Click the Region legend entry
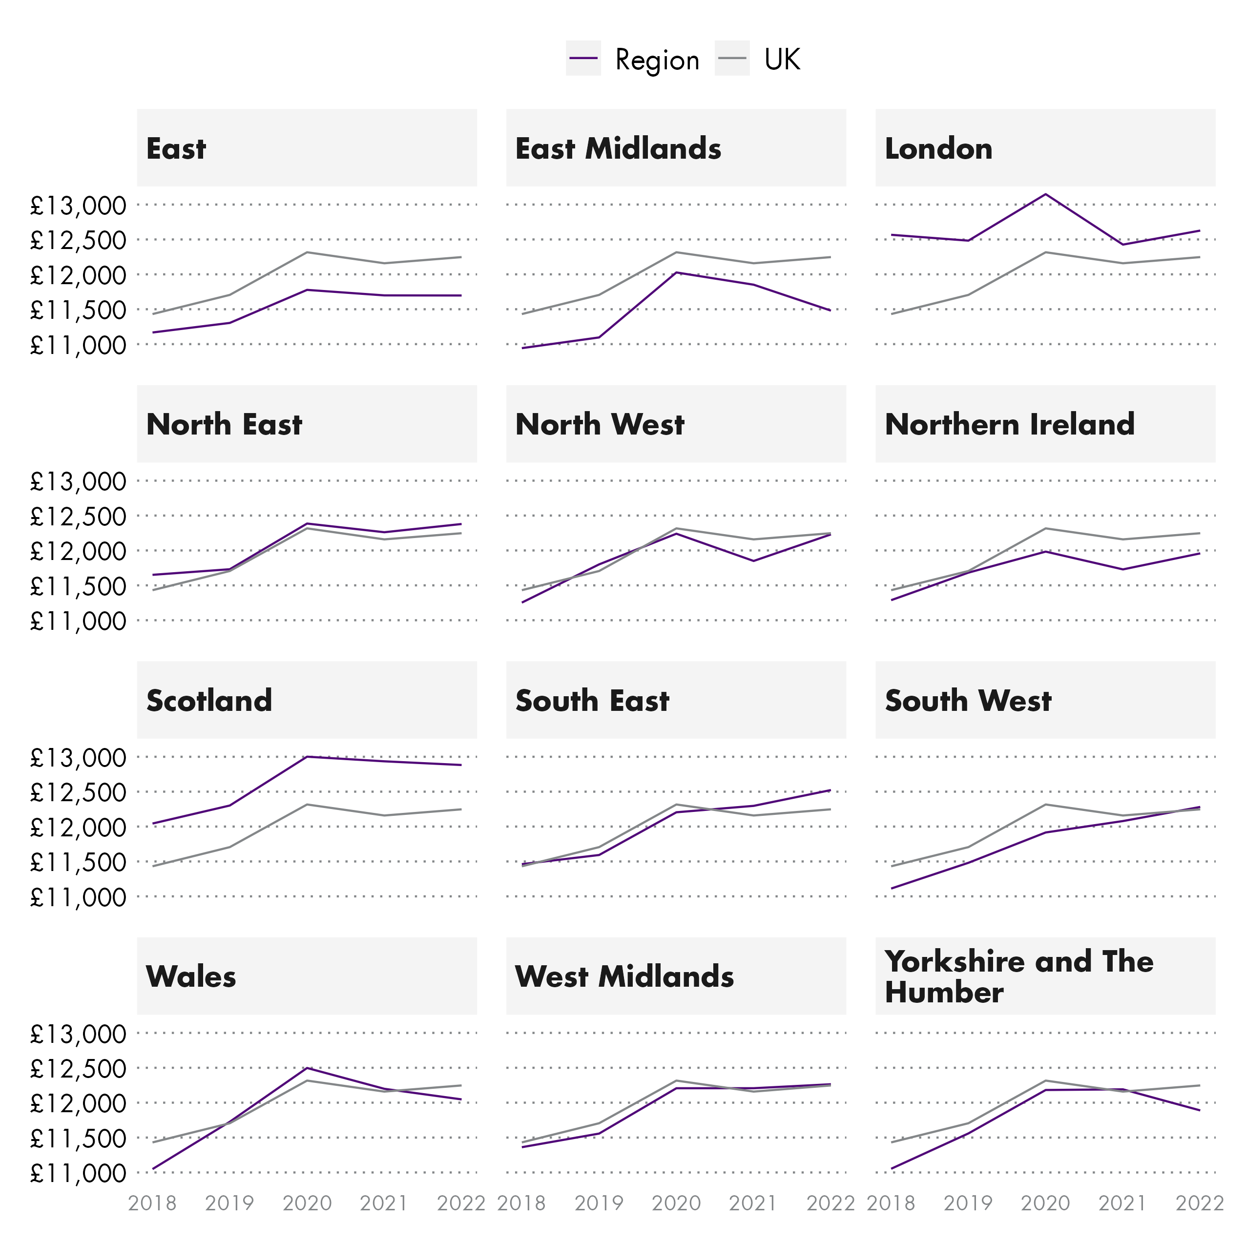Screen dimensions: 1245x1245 (x=656, y=60)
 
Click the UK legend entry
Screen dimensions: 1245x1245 (x=781, y=60)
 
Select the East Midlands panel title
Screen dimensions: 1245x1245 (x=618, y=149)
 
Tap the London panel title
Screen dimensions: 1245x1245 (x=938, y=149)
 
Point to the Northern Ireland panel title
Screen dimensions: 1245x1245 (x=1009, y=425)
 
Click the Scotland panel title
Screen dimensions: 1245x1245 (x=209, y=701)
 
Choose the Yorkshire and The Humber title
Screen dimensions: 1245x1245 (x=1018, y=976)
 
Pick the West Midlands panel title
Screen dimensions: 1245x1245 (x=624, y=977)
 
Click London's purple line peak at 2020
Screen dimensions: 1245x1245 (x=1045, y=194)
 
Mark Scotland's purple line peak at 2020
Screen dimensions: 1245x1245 (x=308, y=757)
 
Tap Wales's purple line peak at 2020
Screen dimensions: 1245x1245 (x=308, y=1068)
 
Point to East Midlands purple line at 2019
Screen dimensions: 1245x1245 (x=599, y=337)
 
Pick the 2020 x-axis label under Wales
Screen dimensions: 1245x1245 (x=308, y=1203)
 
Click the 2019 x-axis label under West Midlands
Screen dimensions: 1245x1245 (x=599, y=1203)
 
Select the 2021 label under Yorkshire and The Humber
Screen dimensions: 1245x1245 (x=1122, y=1203)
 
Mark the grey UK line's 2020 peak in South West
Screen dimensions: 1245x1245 (x=1045, y=804)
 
